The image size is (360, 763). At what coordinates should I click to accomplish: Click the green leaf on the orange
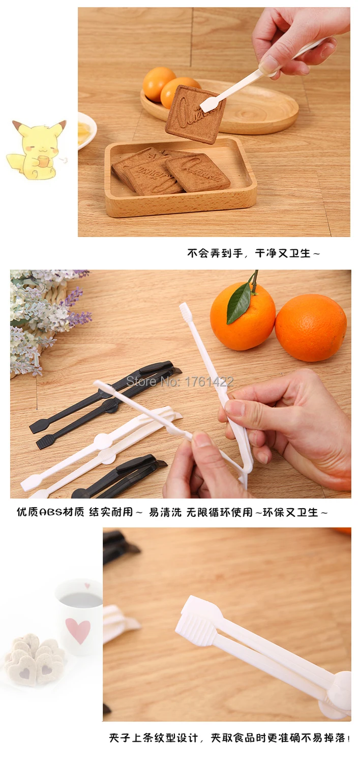tap(239, 303)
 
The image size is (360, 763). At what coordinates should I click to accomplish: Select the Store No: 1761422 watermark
tap(180, 382)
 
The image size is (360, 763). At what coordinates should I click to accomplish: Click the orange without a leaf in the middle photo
tap(311, 328)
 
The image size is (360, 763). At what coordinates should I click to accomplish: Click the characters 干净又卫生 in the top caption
tap(283, 253)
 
